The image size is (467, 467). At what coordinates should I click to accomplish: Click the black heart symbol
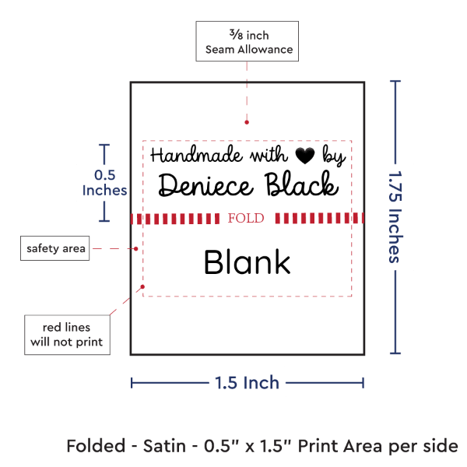tap(305, 156)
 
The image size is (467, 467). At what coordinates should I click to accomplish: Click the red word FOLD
tap(246, 218)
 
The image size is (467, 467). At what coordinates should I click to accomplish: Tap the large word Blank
tap(247, 262)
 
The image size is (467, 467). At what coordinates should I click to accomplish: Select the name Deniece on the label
tap(205, 185)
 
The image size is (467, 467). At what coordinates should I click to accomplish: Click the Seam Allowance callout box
tap(248, 41)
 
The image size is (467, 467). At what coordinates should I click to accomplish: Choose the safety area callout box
tap(54, 248)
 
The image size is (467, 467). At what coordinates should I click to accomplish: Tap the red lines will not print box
tap(67, 335)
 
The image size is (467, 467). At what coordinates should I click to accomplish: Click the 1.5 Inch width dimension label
tap(247, 383)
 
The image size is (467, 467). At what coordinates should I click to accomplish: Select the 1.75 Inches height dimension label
tap(395, 217)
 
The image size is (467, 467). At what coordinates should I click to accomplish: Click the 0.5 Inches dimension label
tap(104, 183)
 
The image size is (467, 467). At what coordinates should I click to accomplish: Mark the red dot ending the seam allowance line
tap(247, 122)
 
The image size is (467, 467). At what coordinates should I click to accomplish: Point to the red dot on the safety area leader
tap(135, 249)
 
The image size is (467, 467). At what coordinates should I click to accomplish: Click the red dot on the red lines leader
tap(142, 286)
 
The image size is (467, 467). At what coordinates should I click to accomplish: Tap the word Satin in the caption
tap(164, 446)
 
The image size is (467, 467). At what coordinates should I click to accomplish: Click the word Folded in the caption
tap(96, 446)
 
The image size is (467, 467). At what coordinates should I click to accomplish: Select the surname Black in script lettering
tap(301, 184)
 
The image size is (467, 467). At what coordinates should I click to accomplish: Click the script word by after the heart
tap(334, 155)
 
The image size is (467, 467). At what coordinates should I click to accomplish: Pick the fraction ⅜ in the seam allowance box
tap(236, 34)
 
